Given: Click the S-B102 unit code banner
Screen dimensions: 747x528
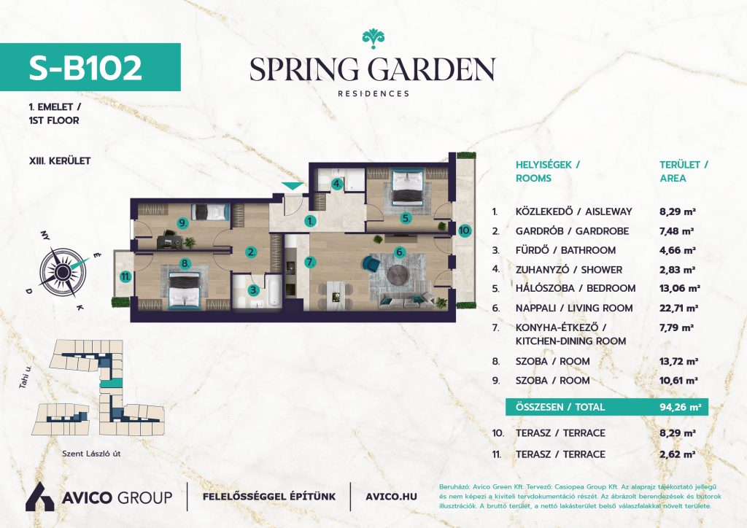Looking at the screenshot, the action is pos(90,67).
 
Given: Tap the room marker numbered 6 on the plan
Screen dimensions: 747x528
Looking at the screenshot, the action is pos(400,252).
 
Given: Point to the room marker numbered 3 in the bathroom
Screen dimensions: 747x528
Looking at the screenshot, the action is pos(254,289).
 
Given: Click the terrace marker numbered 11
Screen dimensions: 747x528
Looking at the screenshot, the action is pos(125,276).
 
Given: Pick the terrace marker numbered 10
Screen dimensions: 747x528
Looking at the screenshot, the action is pos(465,231).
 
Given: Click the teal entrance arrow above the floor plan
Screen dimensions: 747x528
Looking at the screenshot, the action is pos(292,186).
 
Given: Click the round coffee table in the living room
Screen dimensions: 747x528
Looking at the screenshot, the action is pos(397,275).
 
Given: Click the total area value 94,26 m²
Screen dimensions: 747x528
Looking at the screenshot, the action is pos(680,407).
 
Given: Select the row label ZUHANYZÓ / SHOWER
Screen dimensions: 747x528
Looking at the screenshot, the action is pos(569,270).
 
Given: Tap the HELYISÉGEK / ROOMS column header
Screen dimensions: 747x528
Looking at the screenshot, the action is pos(548,171).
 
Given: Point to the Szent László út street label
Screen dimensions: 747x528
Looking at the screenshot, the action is pos(91,454).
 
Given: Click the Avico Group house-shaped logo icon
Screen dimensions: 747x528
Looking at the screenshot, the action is pos(40,497).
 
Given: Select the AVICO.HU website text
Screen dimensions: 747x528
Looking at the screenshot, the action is pos(391,497).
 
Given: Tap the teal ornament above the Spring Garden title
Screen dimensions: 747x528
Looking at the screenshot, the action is pos(373,39).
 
